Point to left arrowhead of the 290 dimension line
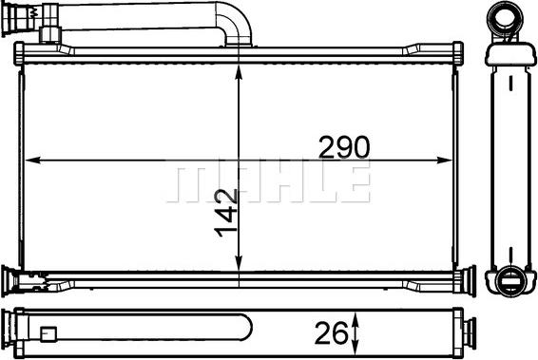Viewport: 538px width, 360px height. pyautogui.click(x=28, y=159)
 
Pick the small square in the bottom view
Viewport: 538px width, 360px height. pyautogui.click(x=47, y=333)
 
